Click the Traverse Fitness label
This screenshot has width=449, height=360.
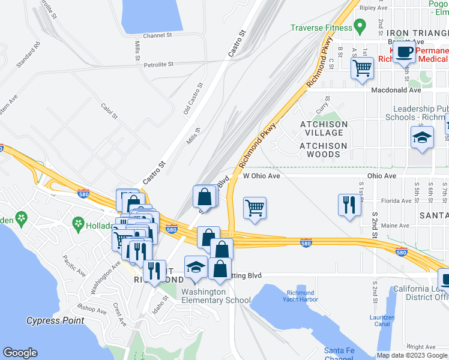pyautogui.click(x=321, y=28)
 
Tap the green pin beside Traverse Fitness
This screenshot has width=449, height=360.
pyautogui.click(x=360, y=26)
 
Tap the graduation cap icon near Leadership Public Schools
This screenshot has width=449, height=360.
pyautogui.click(x=422, y=137)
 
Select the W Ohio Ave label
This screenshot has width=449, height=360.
pyautogui.click(x=262, y=176)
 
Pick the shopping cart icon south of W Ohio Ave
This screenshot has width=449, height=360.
pyautogui.click(x=255, y=208)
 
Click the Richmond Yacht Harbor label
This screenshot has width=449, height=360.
pyautogui.click(x=300, y=296)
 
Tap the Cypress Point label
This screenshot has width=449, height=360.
pyautogui.click(x=55, y=321)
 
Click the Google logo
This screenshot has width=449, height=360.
pyautogui.click(x=20, y=353)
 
